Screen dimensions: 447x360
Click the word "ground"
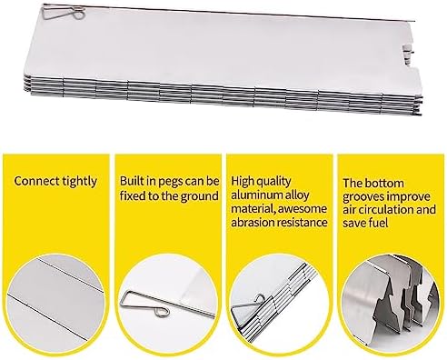pyautogui.click(x=199, y=196)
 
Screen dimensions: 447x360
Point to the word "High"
pyautogui.click(x=243, y=182)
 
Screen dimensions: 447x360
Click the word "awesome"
pyautogui.click(x=303, y=209)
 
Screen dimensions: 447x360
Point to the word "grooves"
pyautogui.click(x=363, y=197)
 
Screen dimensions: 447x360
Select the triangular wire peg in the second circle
pyautogui.click(x=144, y=304)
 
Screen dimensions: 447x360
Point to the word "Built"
pyautogui.click(x=130, y=181)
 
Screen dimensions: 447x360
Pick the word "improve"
pyautogui.click(x=409, y=197)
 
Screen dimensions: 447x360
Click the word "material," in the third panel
pyautogui.click(x=253, y=209)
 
